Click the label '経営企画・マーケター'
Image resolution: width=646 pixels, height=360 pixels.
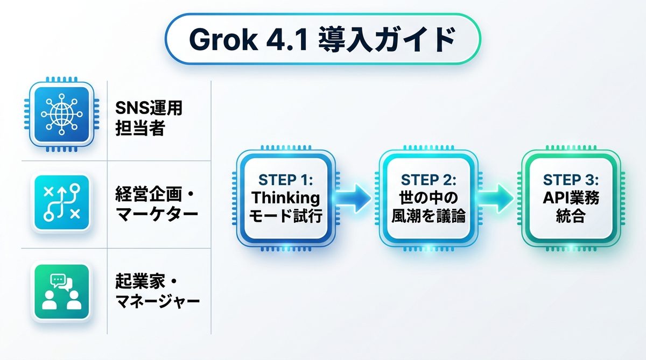point(157,203)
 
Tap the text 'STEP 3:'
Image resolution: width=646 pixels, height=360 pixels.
point(571,179)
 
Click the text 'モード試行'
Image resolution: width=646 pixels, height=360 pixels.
point(286,217)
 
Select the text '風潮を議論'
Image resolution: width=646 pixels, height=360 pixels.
point(429,217)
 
